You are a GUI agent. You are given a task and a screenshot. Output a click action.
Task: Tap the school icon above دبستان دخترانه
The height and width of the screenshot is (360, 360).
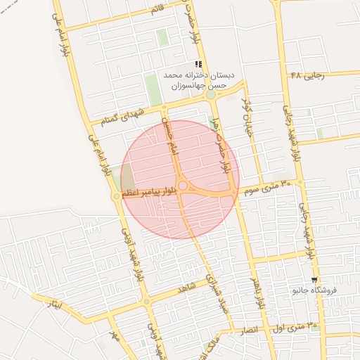click(198, 64)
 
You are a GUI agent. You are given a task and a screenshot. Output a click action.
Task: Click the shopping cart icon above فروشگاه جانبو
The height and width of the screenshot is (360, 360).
click(314, 279)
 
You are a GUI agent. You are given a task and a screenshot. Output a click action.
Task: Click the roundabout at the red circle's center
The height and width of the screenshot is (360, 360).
click(182, 186)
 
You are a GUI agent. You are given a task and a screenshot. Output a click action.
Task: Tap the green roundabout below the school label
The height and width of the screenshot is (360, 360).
click(210, 94)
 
